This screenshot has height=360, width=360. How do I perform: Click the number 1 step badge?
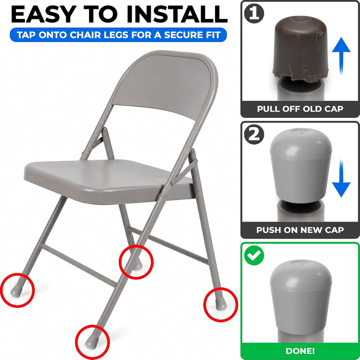pyautogui.click(x=254, y=13)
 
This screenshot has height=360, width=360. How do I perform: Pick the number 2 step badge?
pyautogui.click(x=254, y=135)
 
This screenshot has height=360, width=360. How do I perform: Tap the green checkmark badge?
pyautogui.click(x=254, y=255)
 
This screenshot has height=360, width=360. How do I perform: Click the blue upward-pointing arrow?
pyautogui.click(x=341, y=56)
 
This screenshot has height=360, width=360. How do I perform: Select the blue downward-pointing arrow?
pyautogui.click(x=341, y=178)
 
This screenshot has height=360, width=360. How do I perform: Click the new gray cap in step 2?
pyautogui.click(x=301, y=166)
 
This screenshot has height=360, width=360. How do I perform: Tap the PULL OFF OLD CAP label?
pyautogui.click(x=300, y=108)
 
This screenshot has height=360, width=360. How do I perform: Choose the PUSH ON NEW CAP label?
pyautogui.click(x=300, y=229)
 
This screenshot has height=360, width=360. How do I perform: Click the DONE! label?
pyautogui.click(x=300, y=351)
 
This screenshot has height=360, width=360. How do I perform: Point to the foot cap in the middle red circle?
pyautogui.click(x=137, y=265)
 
